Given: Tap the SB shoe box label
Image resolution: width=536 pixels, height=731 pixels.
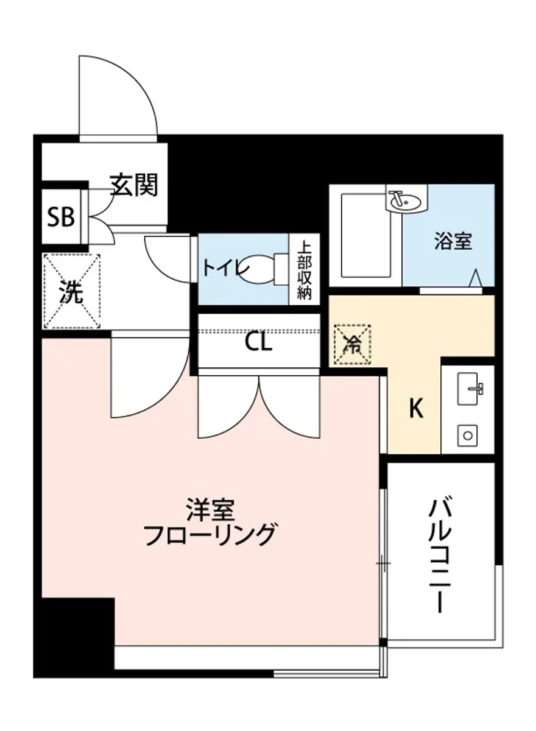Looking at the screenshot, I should (x=61, y=216).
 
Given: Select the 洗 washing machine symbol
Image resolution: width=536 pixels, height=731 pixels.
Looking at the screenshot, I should (x=71, y=292).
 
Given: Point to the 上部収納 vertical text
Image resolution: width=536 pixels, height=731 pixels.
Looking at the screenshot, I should (x=305, y=269).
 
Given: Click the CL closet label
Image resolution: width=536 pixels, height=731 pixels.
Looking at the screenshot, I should (x=259, y=343).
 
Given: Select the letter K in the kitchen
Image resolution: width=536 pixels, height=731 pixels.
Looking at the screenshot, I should (x=415, y=409).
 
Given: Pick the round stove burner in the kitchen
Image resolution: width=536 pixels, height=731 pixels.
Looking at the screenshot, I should (x=468, y=436).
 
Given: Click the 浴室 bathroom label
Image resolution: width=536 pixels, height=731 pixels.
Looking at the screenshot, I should (x=453, y=241).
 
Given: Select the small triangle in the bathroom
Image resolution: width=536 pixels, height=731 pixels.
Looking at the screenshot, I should (x=476, y=278).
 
